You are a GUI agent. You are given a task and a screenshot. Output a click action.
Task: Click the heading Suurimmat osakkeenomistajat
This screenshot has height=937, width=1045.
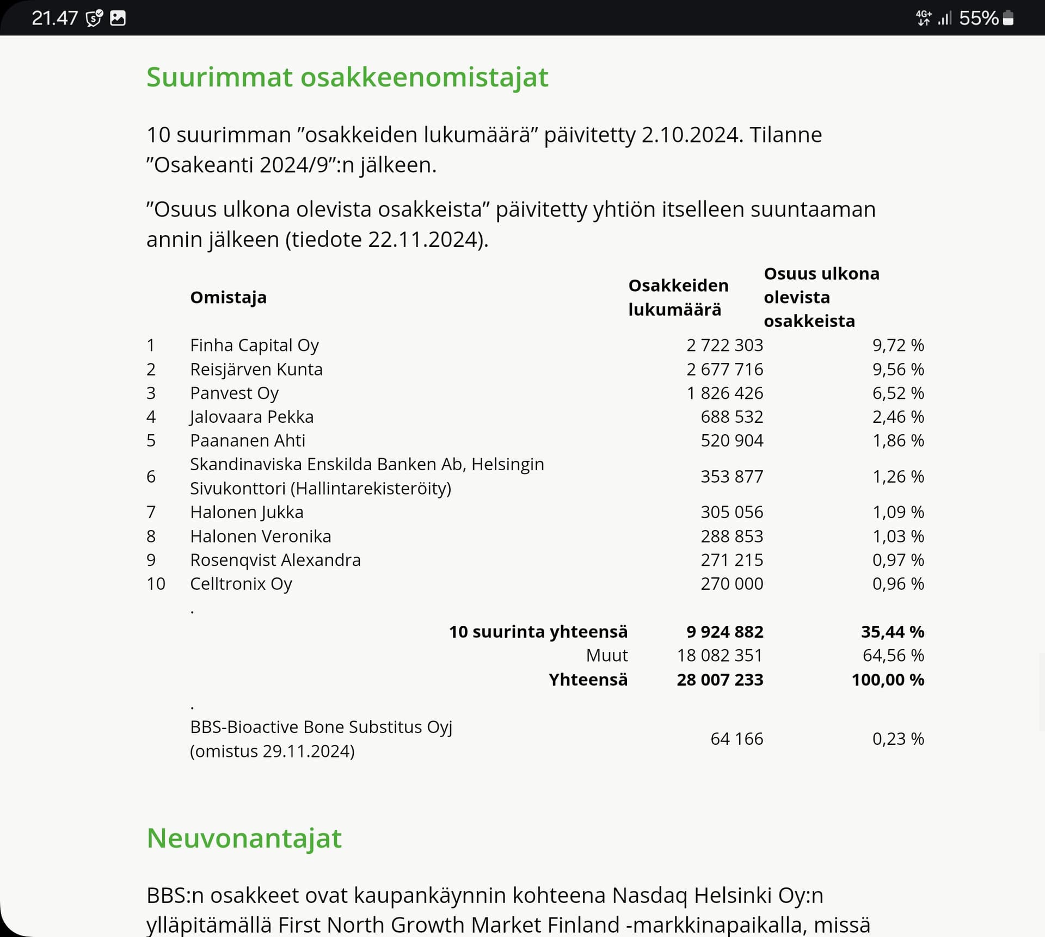pyautogui.click(x=347, y=77)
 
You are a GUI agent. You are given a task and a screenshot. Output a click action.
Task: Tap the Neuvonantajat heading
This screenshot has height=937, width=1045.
pyautogui.click(x=244, y=837)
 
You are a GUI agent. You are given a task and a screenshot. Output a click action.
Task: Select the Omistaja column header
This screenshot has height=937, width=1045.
pyautogui.click(x=228, y=297)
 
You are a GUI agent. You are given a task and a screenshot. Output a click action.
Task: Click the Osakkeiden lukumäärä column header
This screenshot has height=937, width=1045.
pyautogui.click(x=678, y=297)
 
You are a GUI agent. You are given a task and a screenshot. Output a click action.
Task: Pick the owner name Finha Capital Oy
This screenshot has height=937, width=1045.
pyautogui.click(x=254, y=345)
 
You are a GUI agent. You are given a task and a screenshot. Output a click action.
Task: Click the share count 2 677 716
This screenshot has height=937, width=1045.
pyautogui.click(x=724, y=369)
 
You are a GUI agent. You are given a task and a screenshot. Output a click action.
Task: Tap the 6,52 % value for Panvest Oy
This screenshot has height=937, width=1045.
pyautogui.click(x=898, y=393)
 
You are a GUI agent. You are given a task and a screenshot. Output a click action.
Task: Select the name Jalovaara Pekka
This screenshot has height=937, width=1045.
pyautogui.click(x=251, y=417)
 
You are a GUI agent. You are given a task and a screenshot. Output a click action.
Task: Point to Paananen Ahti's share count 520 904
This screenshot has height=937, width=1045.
pyautogui.click(x=731, y=440)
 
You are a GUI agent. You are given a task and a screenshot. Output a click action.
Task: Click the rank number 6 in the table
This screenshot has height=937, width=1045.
pyautogui.click(x=151, y=476)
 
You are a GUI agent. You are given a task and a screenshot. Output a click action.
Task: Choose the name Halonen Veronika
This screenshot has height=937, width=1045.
pyautogui.click(x=260, y=536)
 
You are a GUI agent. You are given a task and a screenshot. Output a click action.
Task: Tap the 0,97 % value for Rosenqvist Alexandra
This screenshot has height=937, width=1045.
pyautogui.click(x=898, y=560)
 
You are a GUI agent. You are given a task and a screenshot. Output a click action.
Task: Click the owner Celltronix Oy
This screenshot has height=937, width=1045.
pyautogui.click(x=241, y=583)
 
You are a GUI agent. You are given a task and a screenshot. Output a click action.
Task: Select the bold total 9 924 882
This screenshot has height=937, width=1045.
pyautogui.click(x=724, y=631)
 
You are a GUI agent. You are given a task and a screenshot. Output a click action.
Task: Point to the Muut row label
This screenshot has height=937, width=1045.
pyautogui.click(x=606, y=655)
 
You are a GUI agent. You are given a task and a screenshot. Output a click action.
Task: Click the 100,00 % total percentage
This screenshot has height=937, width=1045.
pyautogui.click(x=887, y=679)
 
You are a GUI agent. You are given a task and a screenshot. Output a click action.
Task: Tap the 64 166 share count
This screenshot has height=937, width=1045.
pyautogui.click(x=736, y=738)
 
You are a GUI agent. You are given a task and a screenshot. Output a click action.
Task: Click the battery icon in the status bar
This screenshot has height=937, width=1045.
pyautogui.click(x=1008, y=18)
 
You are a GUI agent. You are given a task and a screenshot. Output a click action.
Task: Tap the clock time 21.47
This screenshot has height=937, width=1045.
pyautogui.click(x=54, y=18)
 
